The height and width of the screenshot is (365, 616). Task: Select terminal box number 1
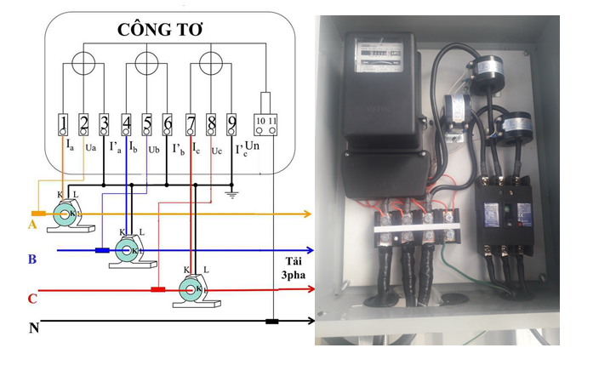point(64,126)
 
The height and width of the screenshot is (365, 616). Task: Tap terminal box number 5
point(147,126)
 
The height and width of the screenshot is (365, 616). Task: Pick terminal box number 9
point(231,126)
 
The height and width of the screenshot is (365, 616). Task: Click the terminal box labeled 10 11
point(266,125)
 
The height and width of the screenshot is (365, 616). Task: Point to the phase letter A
point(32,225)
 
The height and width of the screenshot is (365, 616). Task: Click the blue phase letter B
point(31,259)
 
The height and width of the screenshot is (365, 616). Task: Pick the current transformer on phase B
point(127,252)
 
